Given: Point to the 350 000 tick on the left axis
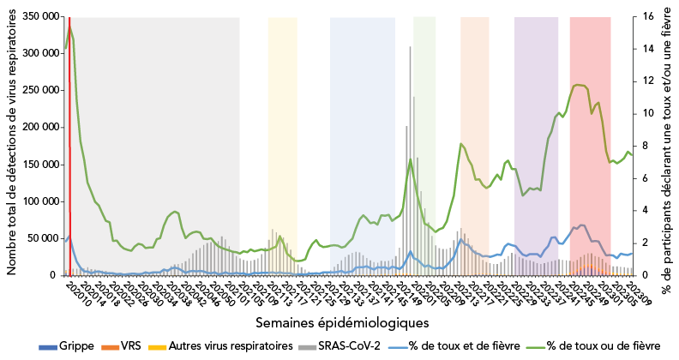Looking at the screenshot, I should point(39,16).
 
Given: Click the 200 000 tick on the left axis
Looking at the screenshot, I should point(39,127).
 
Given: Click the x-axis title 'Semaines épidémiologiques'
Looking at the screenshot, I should point(342,322).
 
